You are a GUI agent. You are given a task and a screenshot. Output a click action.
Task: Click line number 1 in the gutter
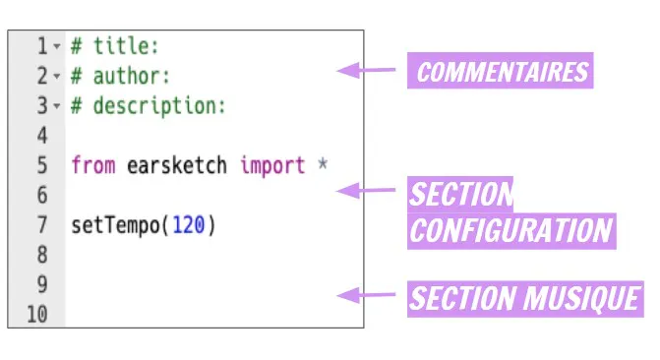click(x=42, y=46)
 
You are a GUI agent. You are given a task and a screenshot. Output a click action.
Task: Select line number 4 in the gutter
click(x=42, y=136)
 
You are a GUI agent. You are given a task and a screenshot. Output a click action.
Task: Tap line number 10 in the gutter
click(x=37, y=315)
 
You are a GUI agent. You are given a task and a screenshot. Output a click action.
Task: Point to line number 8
click(x=42, y=255)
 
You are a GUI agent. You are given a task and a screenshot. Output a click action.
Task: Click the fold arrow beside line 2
click(x=57, y=76)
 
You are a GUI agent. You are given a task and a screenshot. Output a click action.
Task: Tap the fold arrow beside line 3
click(x=57, y=106)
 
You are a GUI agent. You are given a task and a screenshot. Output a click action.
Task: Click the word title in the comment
click(x=120, y=46)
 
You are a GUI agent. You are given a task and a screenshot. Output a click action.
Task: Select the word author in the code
click(x=126, y=76)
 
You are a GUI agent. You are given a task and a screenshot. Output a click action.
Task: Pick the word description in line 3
click(x=153, y=105)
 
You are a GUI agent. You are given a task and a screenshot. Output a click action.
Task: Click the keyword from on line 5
click(x=93, y=165)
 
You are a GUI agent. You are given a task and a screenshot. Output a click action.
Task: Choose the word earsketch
click(x=177, y=165)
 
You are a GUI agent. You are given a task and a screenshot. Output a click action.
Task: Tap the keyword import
click(x=272, y=165)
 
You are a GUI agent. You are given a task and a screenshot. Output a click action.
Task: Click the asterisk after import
click(x=323, y=163)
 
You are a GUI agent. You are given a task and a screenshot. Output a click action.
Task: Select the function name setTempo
click(x=116, y=225)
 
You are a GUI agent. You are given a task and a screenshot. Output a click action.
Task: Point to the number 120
click(x=189, y=225)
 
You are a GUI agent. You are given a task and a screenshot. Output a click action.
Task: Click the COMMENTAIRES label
click(x=501, y=71)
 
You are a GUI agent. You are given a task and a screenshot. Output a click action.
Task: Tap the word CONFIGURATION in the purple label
click(x=511, y=231)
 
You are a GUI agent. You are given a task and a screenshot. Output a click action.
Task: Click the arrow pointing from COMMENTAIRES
click(x=366, y=70)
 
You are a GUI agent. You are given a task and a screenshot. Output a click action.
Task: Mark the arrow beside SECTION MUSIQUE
click(x=366, y=295)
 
